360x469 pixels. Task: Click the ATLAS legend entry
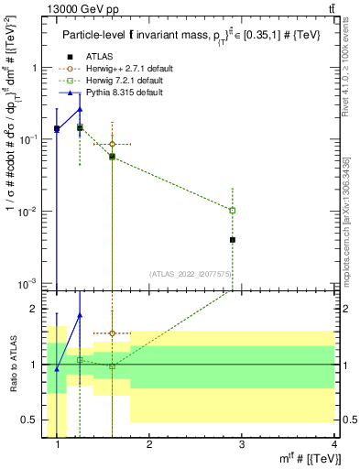[99, 58]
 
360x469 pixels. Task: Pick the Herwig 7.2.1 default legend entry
[125, 82]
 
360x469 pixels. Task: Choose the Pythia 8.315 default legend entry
[124, 93]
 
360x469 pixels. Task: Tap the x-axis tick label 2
[149, 446]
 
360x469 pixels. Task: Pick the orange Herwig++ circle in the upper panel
[112, 145]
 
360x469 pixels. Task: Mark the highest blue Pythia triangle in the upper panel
[80, 109]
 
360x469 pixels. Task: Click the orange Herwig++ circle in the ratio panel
[112, 333]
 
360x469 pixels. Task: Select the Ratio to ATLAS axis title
[16, 365]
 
